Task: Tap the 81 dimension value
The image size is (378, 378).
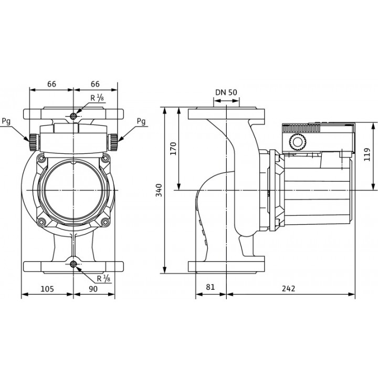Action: [x=210, y=288]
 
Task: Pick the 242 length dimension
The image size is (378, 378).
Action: [x=288, y=288]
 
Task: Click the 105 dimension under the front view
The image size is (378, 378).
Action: [x=47, y=288]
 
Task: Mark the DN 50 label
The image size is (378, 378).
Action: [x=226, y=92]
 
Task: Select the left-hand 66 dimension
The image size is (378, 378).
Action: [x=51, y=84]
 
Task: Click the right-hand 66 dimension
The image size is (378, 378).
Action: [x=95, y=84]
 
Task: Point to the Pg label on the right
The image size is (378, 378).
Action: [x=141, y=121]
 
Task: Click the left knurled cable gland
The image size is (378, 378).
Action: [x=34, y=140]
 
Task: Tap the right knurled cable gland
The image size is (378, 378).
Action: [x=113, y=140]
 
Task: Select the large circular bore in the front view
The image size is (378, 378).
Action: [x=73, y=190]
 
